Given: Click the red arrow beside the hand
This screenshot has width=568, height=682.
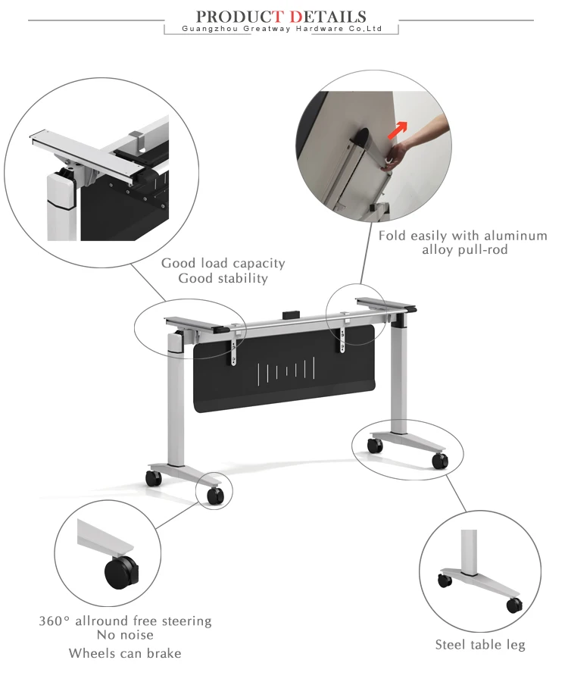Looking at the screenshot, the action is (398, 130).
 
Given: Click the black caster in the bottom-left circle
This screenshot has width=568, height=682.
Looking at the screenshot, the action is (121, 572).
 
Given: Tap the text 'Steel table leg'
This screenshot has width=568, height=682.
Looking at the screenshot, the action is (480, 645).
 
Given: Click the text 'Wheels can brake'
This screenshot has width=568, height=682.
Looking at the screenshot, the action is (125, 653).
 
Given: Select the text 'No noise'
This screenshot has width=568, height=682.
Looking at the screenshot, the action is (125, 634).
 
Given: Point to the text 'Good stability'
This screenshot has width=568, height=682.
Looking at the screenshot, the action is (223, 278).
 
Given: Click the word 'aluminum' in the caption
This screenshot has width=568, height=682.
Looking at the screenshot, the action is (516, 236).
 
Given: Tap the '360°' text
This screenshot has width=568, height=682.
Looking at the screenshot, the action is (54, 621).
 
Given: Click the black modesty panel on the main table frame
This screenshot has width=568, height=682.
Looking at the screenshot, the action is (284, 370).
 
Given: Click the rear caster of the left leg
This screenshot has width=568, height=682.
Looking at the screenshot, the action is (153, 477).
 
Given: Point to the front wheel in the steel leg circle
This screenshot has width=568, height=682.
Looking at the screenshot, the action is (514, 605).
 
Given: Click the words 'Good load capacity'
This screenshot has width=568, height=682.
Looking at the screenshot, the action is (223, 263).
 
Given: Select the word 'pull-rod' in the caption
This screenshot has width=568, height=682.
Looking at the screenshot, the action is (486, 249).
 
